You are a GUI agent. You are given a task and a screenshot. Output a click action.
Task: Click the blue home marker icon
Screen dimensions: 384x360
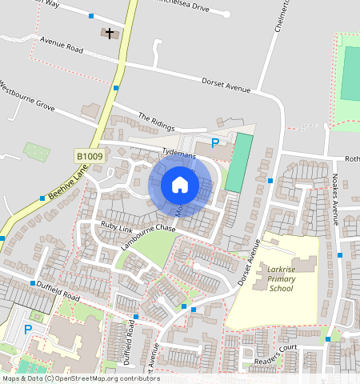pyautogui.click(x=180, y=185)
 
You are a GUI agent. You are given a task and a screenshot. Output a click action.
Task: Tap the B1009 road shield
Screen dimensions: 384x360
pyautogui.click(x=90, y=156)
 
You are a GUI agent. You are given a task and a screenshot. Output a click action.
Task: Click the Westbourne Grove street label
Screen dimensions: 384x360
pyautogui.click(x=27, y=95)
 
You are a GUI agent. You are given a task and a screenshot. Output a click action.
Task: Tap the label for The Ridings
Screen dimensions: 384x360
pyautogui.click(x=155, y=121)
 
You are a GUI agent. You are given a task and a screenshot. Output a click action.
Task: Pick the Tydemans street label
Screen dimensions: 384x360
pyautogui.click(x=178, y=150)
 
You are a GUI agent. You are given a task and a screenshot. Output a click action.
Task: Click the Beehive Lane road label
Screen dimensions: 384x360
pyautogui.click(x=66, y=184)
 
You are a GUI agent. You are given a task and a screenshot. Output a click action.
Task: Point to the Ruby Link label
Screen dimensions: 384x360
pyautogui.click(x=116, y=227)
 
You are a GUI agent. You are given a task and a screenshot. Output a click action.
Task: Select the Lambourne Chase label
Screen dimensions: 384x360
pyautogui.click(x=148, y=238)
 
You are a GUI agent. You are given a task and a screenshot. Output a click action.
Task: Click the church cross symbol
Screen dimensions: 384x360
pyautogui.click(x=109, y=34)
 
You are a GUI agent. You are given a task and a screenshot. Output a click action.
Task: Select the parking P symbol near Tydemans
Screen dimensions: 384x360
pyautogui.click(x=214, y=143)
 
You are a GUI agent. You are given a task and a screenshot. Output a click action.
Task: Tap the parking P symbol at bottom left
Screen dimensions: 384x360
pyautogui.click(x=28, y=329)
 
